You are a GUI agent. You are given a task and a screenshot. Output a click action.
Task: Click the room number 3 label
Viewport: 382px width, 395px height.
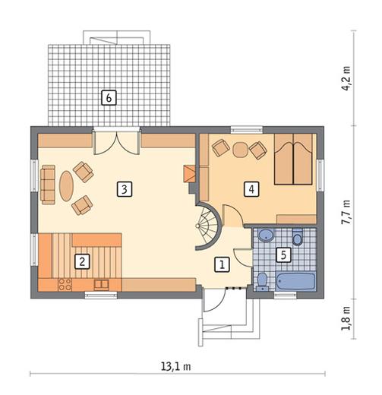pos(125,189)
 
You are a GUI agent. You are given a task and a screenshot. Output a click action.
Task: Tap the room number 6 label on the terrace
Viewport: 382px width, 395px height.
pos(109,97)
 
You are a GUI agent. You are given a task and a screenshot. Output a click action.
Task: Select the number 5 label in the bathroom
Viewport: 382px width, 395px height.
pos(283,254)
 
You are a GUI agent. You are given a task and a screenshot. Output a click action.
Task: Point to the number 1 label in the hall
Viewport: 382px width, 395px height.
pos(222,264)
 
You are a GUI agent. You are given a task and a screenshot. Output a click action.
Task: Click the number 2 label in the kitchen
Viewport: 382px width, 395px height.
pos(82,261)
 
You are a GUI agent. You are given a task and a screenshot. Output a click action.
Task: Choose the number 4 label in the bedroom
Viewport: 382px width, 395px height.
pos(251,189)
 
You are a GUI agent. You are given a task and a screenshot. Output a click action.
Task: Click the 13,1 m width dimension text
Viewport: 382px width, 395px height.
pos(176,366)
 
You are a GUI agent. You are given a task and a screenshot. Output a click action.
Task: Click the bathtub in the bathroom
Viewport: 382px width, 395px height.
pos(295,281)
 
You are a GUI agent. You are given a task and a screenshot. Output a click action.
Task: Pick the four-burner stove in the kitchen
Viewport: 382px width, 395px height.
pos(65,284)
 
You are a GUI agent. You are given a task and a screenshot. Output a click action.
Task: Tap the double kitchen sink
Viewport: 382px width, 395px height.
pos(101,285)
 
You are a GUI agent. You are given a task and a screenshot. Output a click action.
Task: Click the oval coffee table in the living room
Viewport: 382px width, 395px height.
pos(66,186)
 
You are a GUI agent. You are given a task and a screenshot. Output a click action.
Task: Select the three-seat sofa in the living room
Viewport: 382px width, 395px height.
pos(48,185)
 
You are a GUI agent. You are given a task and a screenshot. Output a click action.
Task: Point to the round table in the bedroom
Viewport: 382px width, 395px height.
pos(240,150)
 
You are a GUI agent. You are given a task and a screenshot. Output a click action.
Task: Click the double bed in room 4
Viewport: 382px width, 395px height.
pos(293,159)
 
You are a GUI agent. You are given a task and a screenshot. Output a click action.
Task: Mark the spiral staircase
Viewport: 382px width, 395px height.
pos(208,226)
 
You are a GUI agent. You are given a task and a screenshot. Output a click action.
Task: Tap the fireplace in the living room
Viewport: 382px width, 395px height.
pos(189,174)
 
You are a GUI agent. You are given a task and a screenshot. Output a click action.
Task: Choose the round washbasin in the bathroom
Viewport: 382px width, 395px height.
pos(266,235)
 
